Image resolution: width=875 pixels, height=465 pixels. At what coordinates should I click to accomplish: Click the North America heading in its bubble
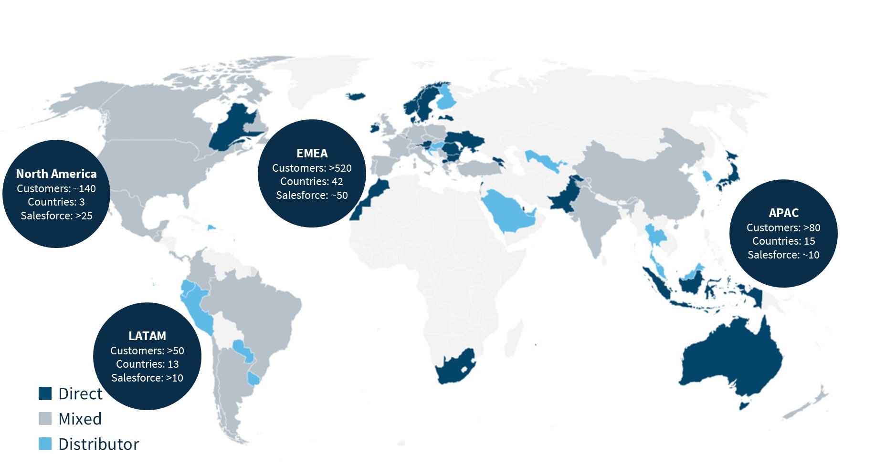click(56, 174)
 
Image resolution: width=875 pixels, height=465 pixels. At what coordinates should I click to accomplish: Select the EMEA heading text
click(312, 153)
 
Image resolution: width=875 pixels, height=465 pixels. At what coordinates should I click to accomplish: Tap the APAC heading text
click(783, 213)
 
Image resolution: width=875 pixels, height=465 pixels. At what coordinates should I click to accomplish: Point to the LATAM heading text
click(147, 336)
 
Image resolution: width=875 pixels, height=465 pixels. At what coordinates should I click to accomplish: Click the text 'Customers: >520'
click(312, 168)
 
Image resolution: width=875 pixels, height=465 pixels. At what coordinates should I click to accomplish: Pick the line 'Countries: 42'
click(312, 181)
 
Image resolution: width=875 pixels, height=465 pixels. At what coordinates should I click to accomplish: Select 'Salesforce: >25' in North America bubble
click(56, 216)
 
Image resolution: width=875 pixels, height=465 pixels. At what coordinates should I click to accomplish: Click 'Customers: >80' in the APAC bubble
click(783, 227)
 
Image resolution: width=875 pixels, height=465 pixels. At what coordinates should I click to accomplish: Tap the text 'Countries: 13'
click(147, 364)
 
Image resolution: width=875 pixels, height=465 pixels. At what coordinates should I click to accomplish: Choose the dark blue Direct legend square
click(45, 393)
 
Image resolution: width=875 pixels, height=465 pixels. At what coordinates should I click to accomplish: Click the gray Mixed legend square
click(45, 419)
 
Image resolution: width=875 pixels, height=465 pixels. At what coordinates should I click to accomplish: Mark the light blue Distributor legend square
click(45, 444)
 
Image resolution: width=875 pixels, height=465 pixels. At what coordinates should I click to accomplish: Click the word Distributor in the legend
click(99, 444)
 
